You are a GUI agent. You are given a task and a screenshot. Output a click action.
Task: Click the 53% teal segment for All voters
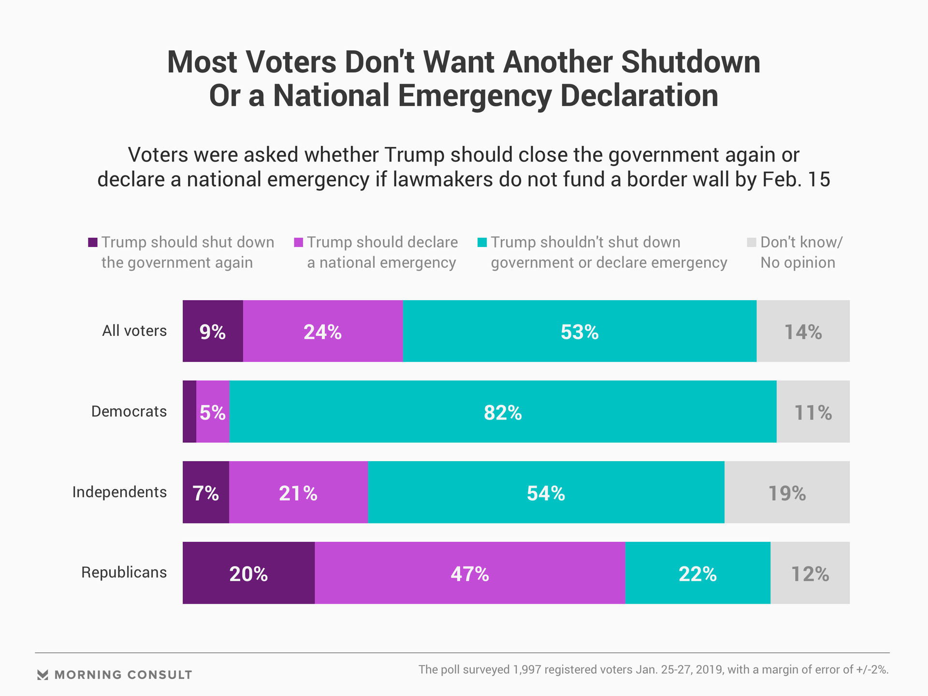click(x=580, y=331)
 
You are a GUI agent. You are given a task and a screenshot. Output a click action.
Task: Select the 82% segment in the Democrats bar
click(x=503, y=412)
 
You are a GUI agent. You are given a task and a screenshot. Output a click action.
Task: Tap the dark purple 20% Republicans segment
click(x=248, y=573)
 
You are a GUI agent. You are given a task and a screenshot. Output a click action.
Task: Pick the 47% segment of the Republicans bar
click(x=470, y=573)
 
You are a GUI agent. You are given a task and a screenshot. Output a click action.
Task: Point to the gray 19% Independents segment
click(x=787, y=493)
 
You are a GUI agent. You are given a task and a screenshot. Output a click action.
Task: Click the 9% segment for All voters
click(x=213, y=331)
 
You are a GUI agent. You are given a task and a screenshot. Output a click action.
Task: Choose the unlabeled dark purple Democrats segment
click(x=189, y=412)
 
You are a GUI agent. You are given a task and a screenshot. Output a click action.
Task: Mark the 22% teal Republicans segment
click(x=697, y=573)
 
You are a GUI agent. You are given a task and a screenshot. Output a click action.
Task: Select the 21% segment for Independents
click(x=298, y=493)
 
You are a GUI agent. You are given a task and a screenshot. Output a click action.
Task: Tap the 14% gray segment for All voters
click(x=803, y=331)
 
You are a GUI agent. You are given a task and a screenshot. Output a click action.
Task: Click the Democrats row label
click(x=129, y=411)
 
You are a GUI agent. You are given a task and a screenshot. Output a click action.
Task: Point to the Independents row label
click(x=119, y=492)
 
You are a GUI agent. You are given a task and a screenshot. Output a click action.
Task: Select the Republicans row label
click(x=124, y=572)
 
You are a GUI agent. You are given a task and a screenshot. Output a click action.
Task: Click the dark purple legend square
click(x=93, y=242)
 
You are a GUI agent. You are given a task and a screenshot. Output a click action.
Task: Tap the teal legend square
click(x=482, y=242)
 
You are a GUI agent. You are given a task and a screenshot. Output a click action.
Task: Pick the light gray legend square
click(x=752, y=242)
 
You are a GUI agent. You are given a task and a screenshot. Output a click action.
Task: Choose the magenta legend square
click(x=299, y=242)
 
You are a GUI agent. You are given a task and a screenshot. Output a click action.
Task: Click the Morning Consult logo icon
click(x=43, y=675)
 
